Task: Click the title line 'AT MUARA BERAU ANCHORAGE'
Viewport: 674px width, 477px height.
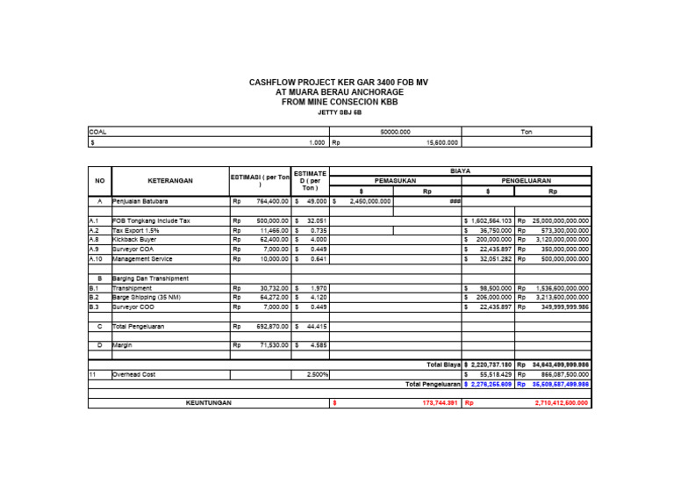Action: coord(339,91)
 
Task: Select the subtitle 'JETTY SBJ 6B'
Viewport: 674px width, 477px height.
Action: coord(339,112)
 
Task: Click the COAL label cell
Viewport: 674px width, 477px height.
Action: coord(97,132)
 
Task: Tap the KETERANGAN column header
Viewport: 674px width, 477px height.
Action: coord(169,180)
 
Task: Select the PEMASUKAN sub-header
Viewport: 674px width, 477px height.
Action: coord(394,180)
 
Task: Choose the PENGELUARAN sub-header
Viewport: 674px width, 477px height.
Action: coord(526,180)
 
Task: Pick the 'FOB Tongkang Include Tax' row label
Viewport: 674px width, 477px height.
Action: coord(150,220)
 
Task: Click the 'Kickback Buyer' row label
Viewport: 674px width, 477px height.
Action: coord(135,239)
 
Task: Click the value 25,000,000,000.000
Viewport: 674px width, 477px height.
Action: coord(558,220)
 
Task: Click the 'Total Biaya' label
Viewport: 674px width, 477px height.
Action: coord(443,364)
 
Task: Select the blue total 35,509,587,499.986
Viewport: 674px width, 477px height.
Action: coord(560,384)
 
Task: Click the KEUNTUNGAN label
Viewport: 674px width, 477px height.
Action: coord(208,402)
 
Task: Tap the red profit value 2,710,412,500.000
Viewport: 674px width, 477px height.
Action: coord(562,402)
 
